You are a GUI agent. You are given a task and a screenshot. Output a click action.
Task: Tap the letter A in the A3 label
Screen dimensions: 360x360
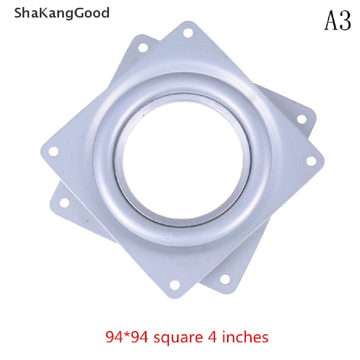click(331, 21)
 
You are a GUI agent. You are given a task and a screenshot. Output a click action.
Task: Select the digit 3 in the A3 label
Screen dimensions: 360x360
click(345, 21)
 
